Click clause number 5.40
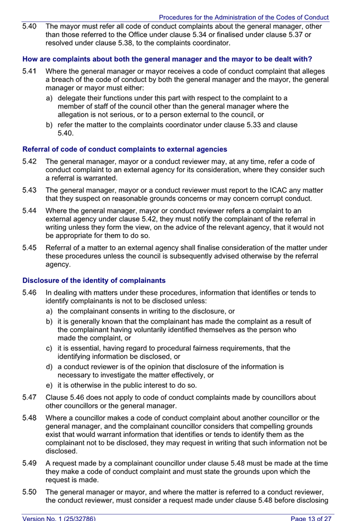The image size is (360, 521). [x=30, y=26]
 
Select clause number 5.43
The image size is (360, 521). [x=30, y=190]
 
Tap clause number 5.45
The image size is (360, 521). [x=30, y=247]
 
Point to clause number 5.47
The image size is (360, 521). [x=30, y=398]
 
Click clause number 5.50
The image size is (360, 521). [x=30, y=492]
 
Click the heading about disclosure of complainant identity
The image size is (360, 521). [x=94, y=280]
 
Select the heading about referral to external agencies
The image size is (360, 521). [x=125, y=149]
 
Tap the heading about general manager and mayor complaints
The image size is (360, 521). [x=167, y=59]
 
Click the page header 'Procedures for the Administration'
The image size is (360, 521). [x=244, y=18]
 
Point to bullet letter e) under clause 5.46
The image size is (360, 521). [x=49, y=386]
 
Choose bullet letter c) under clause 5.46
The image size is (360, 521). [x=49, y=348]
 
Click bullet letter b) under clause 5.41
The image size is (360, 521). [x=49, y=124]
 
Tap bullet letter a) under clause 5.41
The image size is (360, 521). [x=49, y=98]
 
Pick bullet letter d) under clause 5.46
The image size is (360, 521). [x=49, y=366]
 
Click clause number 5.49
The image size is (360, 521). [x=30, y=463]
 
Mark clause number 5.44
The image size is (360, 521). [x=30, y=210]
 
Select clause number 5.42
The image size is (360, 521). [x=30, y=161]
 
